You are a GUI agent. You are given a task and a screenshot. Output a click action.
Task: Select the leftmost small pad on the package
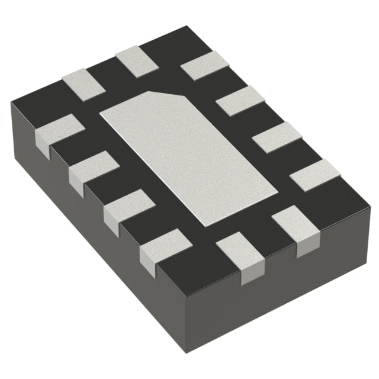(x=58, y=129)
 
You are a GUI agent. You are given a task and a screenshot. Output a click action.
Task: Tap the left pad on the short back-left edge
(x=83, y=83)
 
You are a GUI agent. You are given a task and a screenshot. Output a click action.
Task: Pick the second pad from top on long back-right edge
(x=240, y=100)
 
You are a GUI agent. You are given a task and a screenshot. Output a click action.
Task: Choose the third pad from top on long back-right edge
(x=277, y=137)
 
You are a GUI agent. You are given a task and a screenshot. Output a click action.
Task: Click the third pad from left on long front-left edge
(x=129, y=205)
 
